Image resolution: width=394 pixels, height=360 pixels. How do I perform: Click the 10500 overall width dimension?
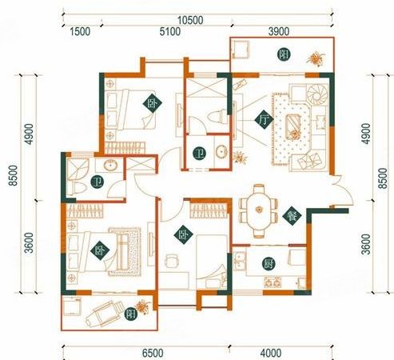pyautogui.click(x=190, y=20)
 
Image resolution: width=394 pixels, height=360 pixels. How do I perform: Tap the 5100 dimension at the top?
pyautogui.click(x=170, y=32)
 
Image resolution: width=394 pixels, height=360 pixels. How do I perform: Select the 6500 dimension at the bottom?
pyautogui.click(x=153, y=353)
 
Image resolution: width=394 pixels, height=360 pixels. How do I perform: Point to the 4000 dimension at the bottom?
pyautogui.click(x=271, y=353)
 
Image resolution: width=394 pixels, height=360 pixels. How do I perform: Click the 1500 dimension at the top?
pyautogui.click(x=80, y=32)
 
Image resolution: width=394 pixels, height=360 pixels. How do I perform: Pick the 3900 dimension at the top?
pyautogui.click(x=279, y=32)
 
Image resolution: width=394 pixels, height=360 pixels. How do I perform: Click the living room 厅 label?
pyautogui.click(x=264, y=119)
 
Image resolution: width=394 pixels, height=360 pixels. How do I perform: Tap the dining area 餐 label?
pyautogui.click(x=292, y=215)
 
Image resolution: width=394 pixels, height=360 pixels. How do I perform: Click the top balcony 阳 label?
pyautogui.click(x=284, y=54)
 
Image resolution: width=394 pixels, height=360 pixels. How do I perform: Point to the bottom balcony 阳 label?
pyautogui.click(x=131, y=314)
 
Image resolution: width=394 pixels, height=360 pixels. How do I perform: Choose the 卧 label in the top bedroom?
pyautogui.click(x=153, y=103)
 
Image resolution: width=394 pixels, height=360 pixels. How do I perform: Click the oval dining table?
pyautogui.click(x=259, y=210)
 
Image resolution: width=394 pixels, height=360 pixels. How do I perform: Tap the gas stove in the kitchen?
pyautogui.click(x=273, y=282)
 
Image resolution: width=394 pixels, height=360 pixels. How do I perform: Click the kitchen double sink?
pyautogui.click(x=239, y=261)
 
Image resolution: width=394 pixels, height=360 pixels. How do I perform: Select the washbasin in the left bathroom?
pyautogui.click(x=110, y=166)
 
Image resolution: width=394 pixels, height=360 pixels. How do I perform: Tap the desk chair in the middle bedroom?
pyautogui.click(x=171, y=261)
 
